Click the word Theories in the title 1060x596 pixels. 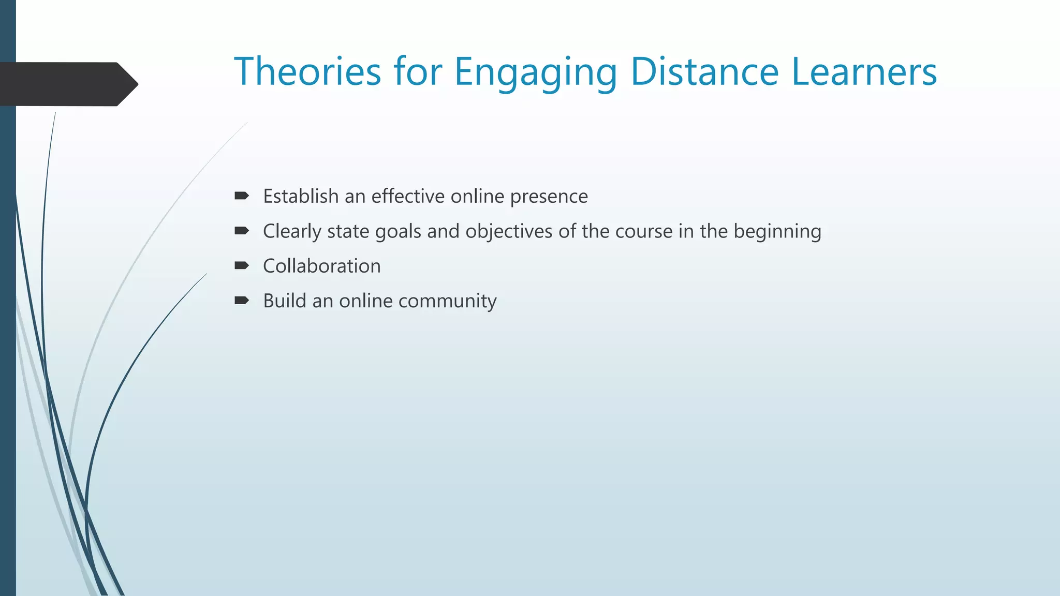307,71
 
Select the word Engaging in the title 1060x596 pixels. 535,72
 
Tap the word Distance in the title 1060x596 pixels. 704,71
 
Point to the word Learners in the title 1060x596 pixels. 864,71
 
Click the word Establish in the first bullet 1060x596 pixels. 301,197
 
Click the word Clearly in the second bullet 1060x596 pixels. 292,232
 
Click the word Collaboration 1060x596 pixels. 321,266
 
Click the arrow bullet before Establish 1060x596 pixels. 241,196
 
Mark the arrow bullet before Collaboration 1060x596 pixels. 241,265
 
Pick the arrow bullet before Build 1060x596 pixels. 241,300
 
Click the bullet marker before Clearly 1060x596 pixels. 241,230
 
